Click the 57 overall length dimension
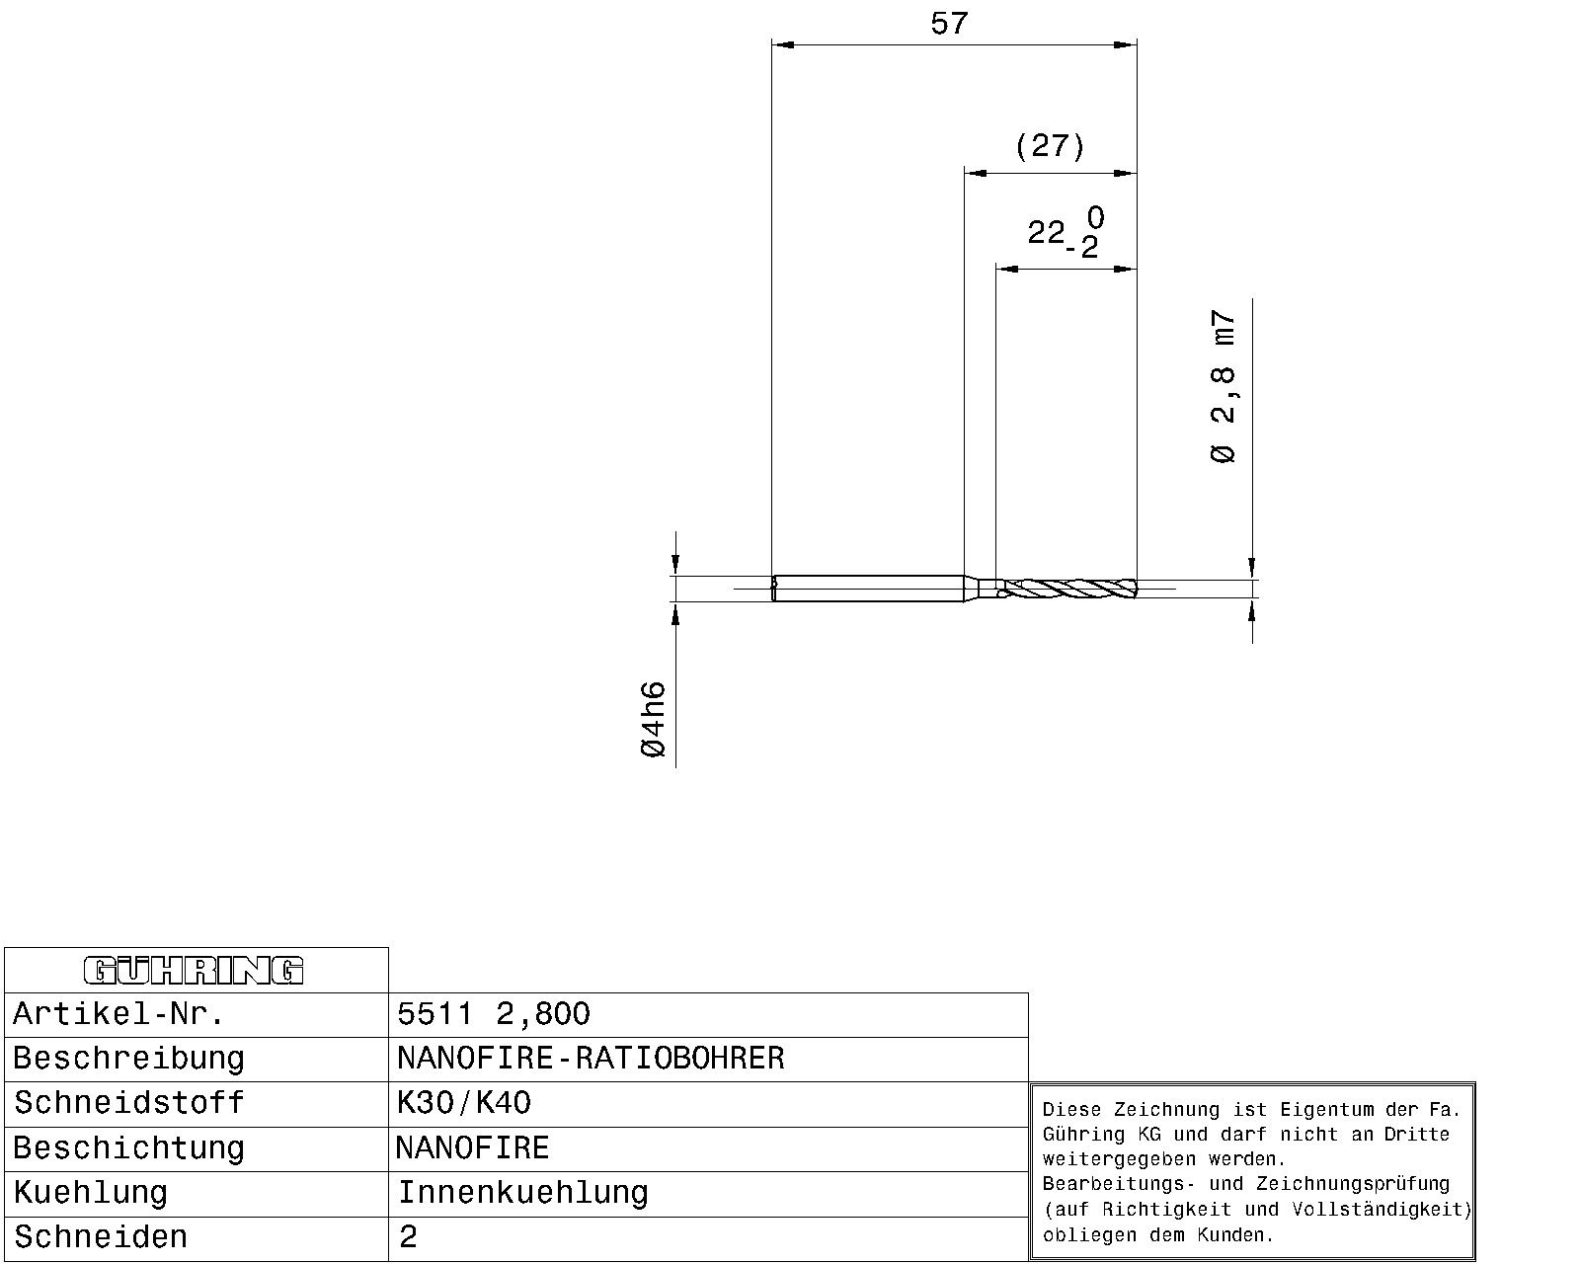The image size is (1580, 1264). pos(949,25)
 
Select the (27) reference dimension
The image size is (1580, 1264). pos(1050,146)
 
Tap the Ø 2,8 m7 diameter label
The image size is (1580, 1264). pos(1224,386)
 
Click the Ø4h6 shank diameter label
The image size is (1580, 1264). pos(653,719)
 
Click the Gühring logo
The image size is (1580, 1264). pos(194,970)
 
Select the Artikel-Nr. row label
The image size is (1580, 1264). pos(118,1014)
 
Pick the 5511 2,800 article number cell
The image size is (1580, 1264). pos(494,1014)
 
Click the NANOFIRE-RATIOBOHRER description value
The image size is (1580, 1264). pos(591,1059)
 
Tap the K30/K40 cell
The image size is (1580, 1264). pos(463,1103)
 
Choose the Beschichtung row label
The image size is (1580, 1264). pos(128,1148)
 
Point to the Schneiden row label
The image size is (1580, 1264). pos(101,1237)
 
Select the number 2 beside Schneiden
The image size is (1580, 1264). pos(408,1237)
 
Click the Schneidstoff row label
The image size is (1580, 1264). pos(128,1103)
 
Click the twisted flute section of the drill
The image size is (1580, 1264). pos(1070,589)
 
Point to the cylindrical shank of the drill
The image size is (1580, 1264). pos(869,589)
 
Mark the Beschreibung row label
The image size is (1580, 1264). pos(128,1059)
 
